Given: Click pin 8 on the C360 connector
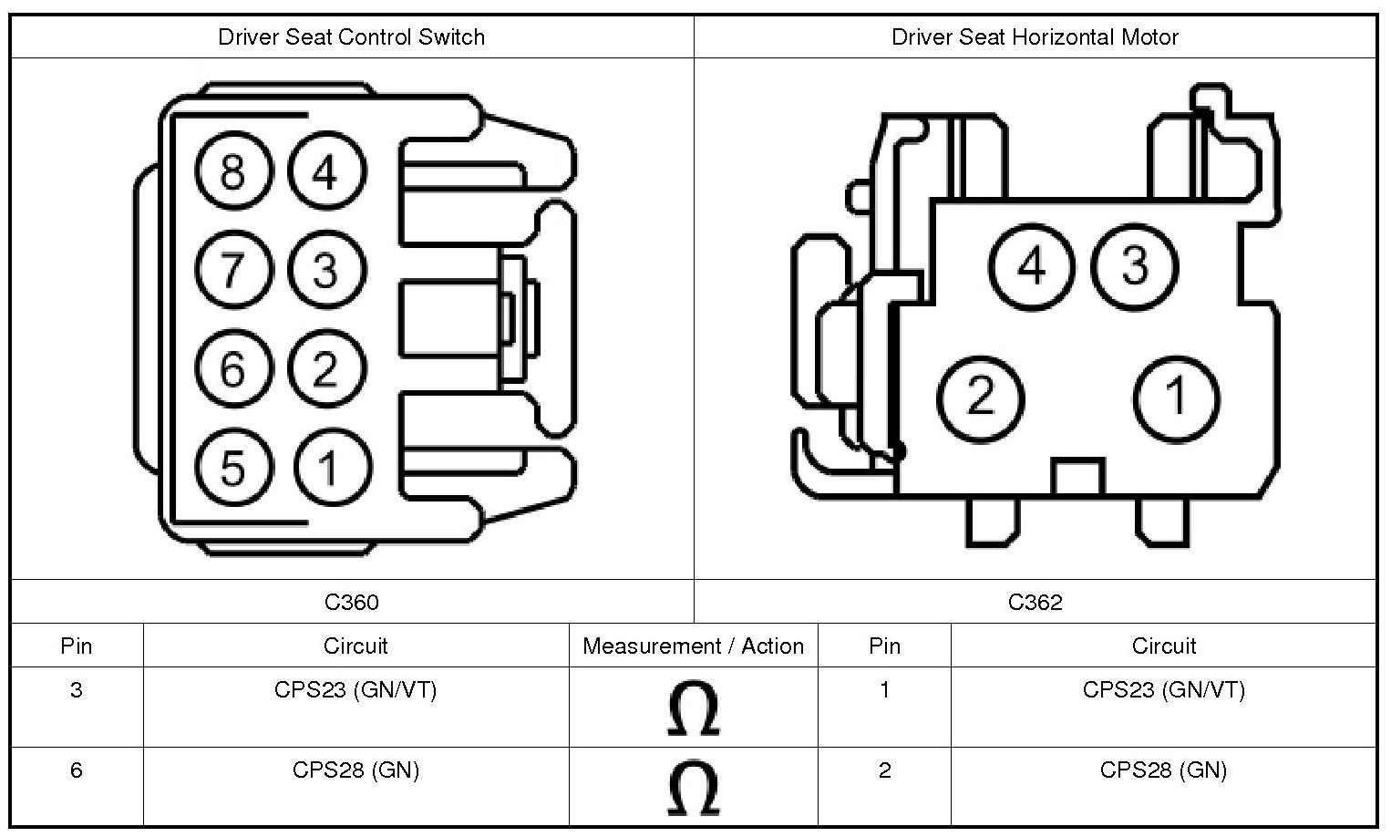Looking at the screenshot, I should pyautogui.click(x=233, y=170).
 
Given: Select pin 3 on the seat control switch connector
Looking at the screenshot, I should pyautogui.click(x=325, y=270).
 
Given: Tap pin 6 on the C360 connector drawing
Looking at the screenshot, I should pyautogui.click(x=233, y=368).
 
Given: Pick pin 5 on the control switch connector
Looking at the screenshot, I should pyautogui.click(x=233, y=468).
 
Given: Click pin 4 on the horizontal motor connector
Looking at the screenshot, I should pyautogui.click(x=1032, y=266).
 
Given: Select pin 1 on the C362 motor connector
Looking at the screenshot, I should pyautogui.click(x=1176, y=398).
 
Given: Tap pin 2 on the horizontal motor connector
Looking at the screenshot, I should pyautogui.click(x=980, y=398).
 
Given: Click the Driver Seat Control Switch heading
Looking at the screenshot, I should pyautogui.click(x=351, y=37).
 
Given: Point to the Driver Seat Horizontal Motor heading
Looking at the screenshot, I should pyautogui.click(x=1035, y=37).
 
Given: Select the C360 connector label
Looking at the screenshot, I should pyautogui.click(x=351, y=602).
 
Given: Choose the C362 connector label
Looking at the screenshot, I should pyautogui.click(x=1035, y=602).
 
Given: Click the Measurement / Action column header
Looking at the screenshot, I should pyautogui.click(x=693, y=646).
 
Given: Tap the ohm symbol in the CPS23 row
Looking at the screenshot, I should pyautogui.click(x=693, y=709).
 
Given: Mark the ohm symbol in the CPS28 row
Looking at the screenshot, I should pyautogui.click(x=693, y=789).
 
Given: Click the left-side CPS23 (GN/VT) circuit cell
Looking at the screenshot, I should pyautogui.click(x=355, y=690).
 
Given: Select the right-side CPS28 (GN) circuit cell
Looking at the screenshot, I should pyautogui.click(x=1163, y=770).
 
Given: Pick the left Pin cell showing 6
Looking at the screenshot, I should pyautogui.click(x=76, y=770).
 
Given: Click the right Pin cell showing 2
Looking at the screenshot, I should pyautogui.click(x=884, y=770).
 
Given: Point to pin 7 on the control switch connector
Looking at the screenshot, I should pyautogui.click(x=233, y=270).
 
